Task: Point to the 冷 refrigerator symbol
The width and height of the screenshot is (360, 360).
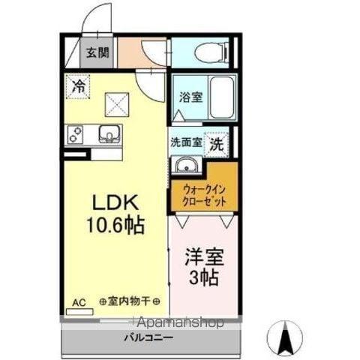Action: tap(77, 86)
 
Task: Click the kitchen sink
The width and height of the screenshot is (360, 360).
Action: tap(109, 136)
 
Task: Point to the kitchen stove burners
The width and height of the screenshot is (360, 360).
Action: tap(76, 136)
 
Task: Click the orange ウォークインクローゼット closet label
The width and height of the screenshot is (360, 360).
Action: tap(203, 196)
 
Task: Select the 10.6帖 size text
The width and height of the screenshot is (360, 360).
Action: tap(114, 225)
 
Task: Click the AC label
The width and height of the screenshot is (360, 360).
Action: tap(79, 302)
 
